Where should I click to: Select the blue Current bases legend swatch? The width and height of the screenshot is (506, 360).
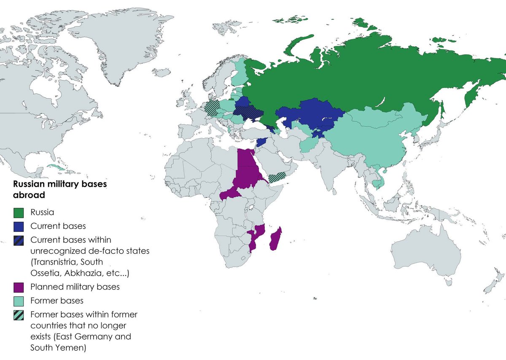click(x=18, y=226)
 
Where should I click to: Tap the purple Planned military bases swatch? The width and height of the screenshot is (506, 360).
click(x=18, y=287)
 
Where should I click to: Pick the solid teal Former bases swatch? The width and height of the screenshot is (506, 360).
click(x=18, y=301)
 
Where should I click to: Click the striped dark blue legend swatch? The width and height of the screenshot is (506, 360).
click(x=18, y=240)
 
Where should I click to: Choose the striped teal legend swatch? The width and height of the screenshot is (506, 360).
click(x=18, y=315)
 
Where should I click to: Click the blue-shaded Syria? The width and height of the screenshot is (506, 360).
click(x=262, y=142)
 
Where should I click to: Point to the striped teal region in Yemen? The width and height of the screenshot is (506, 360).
click(x=278, y=177)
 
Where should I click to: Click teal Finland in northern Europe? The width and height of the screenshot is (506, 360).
click(x=240, y=74)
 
